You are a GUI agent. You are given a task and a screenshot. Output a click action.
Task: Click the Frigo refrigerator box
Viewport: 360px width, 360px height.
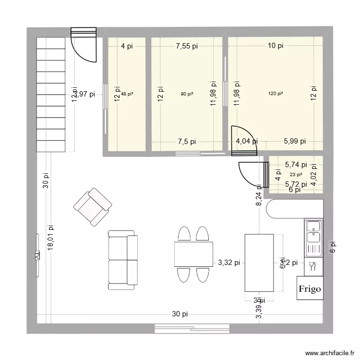coord(310,288)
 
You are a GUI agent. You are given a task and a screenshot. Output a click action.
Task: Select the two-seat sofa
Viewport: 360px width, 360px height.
coord(122,260)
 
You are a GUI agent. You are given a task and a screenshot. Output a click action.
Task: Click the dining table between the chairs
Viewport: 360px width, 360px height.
coord(194,254)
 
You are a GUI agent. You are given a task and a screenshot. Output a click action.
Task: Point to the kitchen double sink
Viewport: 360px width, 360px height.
coord(313,232)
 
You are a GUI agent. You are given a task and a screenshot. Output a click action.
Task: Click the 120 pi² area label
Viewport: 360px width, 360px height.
coord(276,94)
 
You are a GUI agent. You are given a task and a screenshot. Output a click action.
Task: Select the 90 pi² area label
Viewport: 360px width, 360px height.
coord(187,94)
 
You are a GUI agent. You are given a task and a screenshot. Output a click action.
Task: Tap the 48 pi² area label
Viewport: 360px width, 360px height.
coord(127,94)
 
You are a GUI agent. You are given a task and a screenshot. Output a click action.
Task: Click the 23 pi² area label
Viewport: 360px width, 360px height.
coord(296,175)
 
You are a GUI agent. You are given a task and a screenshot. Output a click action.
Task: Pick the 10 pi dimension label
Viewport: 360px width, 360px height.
coord(276,46)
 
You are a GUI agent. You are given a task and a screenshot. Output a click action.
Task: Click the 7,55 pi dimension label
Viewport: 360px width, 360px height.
coord(187,46)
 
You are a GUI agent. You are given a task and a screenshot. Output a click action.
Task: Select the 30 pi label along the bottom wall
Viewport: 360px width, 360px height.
coord(180,314)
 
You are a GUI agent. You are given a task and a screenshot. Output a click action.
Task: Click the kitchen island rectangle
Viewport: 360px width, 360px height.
coord(259,263)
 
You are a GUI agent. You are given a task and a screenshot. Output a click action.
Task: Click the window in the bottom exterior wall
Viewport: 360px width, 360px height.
coord(192,329)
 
